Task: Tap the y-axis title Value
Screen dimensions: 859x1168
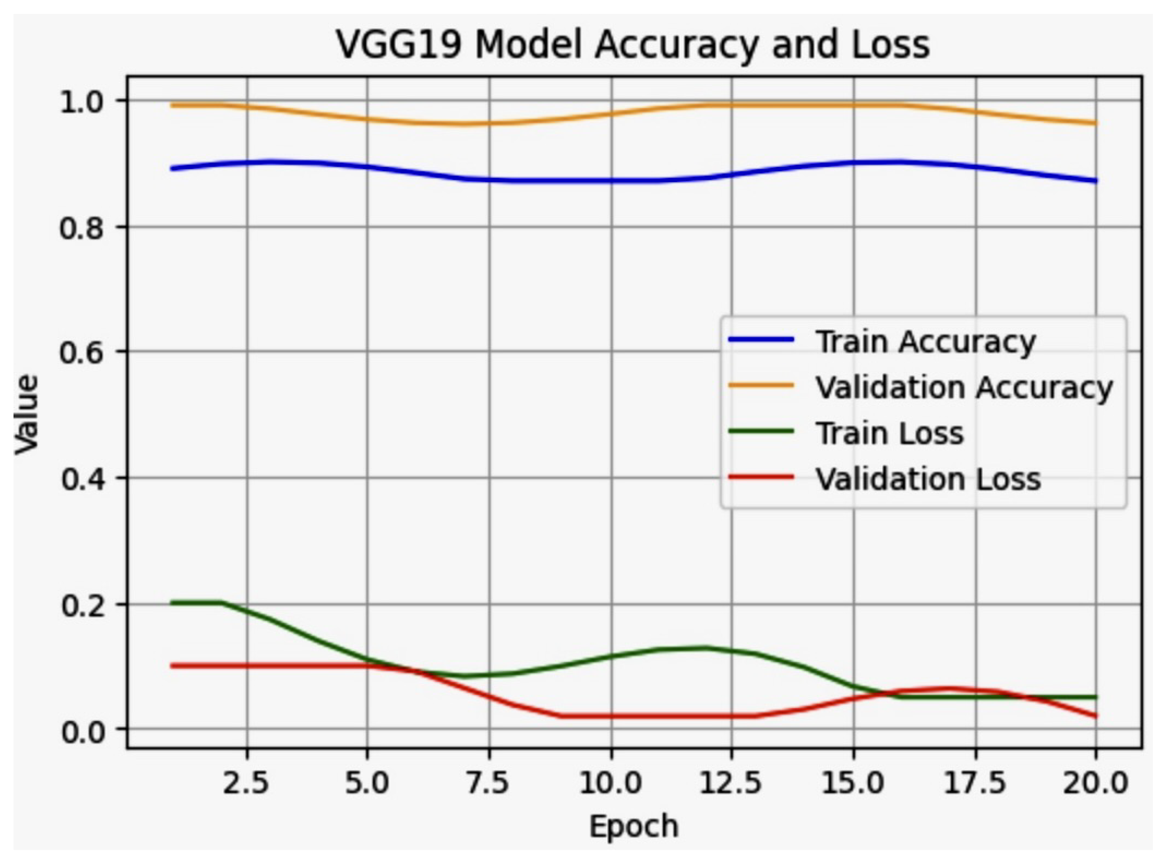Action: [26, 415]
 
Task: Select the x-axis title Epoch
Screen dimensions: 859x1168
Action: [634, 826]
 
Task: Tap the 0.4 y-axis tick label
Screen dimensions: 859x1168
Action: [83, 479]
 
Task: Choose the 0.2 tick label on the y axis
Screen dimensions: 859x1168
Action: [83, 606]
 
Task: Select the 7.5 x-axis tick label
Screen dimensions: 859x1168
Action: [489, 782]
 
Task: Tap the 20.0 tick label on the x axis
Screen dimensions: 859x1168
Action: [1095, 782]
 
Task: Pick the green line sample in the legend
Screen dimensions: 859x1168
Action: [761, 432]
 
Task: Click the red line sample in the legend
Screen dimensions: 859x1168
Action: [761, 477]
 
